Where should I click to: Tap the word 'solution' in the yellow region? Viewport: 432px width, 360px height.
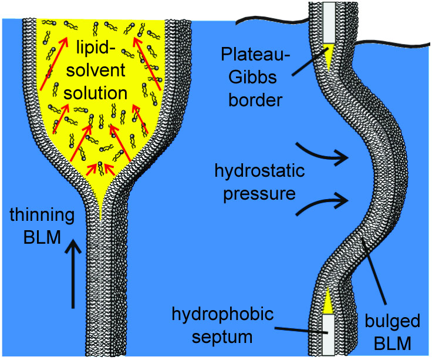(x=104, y=93)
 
